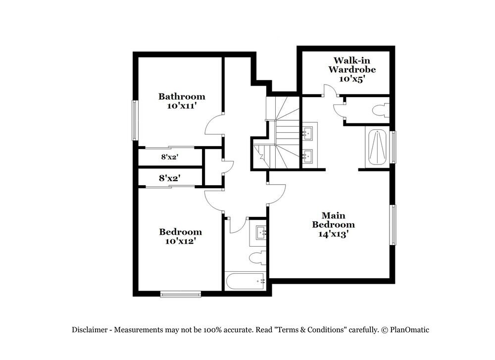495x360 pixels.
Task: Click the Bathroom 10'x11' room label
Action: (x=181, y=101)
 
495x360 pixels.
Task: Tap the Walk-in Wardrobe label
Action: (x=351, y=69)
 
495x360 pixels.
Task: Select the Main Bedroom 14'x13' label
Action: (x=333, y=225)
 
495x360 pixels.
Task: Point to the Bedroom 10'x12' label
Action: (x=180, y=236)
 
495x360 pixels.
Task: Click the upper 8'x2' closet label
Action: (x=169, y=157)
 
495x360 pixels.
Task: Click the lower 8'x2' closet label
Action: (x=169, y=177)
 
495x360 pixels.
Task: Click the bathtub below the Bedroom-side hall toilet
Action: (x=246, y=281)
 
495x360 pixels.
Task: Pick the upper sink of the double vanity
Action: (x=307, y=133)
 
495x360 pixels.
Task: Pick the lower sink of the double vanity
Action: (x=307, y=156)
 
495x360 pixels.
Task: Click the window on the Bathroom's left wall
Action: (x=134, y=120)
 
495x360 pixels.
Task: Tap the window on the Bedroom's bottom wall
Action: (x=180, y=295)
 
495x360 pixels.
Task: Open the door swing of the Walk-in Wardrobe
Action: (x=329, y=91)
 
